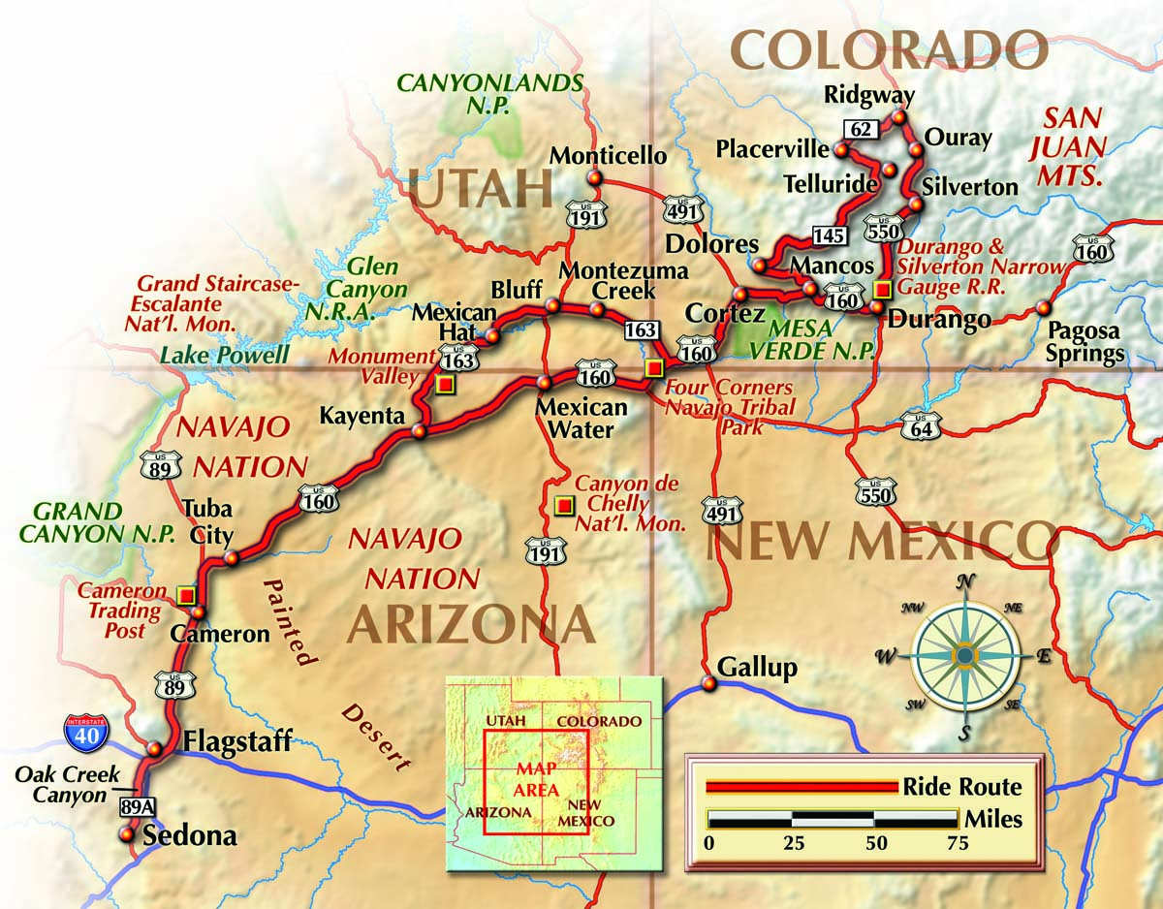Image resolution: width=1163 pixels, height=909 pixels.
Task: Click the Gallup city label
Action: click(757, 667)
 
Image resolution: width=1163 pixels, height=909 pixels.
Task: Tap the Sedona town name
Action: click(189, 835)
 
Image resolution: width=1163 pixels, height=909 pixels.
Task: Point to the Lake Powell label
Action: click(224, 355)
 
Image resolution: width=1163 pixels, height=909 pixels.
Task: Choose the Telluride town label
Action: click(826, 184)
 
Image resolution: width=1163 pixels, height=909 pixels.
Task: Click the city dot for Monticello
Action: click(594, 178)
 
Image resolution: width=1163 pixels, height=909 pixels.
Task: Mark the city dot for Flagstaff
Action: click(154, 748)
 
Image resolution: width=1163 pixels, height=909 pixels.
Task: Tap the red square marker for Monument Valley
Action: click(445, 385)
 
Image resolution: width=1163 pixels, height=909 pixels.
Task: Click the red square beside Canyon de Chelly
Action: click(562, 505)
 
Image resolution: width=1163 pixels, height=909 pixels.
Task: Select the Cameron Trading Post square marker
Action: click(186, 594)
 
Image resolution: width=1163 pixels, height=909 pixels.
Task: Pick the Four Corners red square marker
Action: click(653, 367)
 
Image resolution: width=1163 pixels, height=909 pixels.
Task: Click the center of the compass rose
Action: click(965, 657)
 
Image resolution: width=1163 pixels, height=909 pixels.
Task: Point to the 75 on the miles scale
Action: click(957, 842)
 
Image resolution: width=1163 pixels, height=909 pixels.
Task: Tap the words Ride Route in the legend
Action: click(961, 787)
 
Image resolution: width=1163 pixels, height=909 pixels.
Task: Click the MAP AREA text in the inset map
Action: click(536, 778)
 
